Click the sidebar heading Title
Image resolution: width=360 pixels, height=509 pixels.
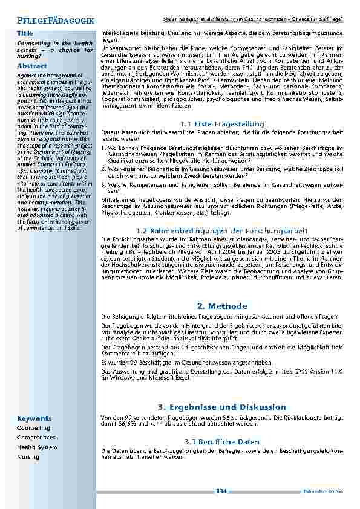click(x=25, y=33)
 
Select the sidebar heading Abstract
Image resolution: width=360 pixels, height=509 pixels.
click(x=32, y=65)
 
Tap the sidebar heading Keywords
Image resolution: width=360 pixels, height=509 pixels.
click(x=34, y=418)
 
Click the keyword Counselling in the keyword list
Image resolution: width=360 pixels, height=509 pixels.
click(x=34, y=428)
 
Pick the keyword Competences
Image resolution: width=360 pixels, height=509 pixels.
click(x=36, y=438)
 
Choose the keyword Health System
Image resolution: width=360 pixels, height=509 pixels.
click(x=37, y=447)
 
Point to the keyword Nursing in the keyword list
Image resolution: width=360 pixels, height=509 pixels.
click(x=28, y=457)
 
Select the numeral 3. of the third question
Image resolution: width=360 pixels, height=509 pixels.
click(x=103, y=184)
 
